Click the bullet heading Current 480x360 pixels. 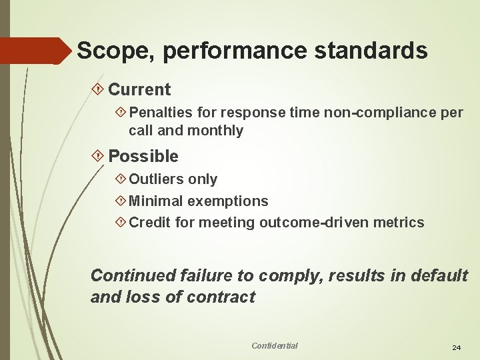point(139,89)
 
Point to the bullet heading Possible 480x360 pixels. point(143,157)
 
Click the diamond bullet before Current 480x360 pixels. point(99,89)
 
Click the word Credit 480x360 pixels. point(149,223)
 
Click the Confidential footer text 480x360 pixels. point(274,345)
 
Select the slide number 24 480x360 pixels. point(457,348)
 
